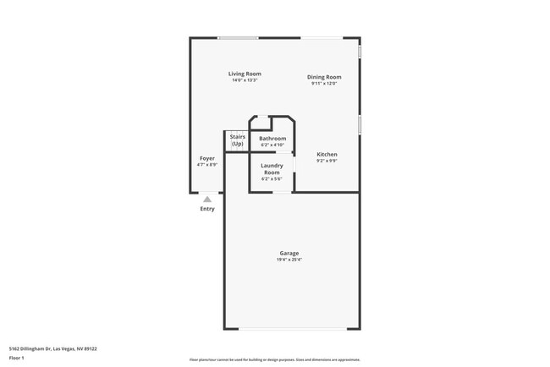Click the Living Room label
pos(245,74)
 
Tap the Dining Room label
pos(324,77)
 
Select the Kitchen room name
pos(327,154)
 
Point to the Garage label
pos(289,253)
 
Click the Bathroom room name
pos(272,138)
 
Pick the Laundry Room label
pos(272,168)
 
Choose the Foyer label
pos(207,158)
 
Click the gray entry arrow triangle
pos(207,199)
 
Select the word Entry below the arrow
pos(207,208)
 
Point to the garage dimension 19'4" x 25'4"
pos(289,260)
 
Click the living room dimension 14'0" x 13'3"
pos(245,80)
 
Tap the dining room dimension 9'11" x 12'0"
pos(324,84)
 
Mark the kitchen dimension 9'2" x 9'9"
pos(327,161)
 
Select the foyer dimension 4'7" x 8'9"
pos(207,165)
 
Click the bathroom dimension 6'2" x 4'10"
pos(272,145)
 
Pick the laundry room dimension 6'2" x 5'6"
pos(272,178)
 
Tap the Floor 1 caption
pos(18,359)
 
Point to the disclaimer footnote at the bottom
pos(275,359)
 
